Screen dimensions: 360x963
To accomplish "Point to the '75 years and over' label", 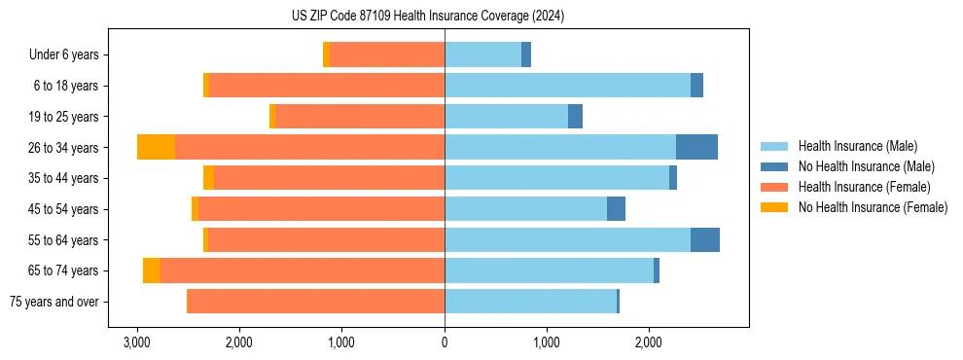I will pos(54,302).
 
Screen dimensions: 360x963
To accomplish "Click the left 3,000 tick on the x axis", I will pos(137,342).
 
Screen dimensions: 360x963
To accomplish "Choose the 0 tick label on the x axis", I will pos(445,342).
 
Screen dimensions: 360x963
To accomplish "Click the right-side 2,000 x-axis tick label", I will pos(649,342).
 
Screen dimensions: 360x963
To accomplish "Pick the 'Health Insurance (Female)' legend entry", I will pos(864,187).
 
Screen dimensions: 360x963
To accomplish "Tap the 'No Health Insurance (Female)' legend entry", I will pos(873,207).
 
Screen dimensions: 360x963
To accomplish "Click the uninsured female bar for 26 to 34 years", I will pos(156,147).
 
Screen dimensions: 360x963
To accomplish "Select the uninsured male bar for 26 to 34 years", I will pos(696,147).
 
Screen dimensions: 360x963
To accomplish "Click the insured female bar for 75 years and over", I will pos(315,302).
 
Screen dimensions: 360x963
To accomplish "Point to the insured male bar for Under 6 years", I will pos(482,55).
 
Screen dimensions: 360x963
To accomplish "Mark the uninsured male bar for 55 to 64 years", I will pos(705,239).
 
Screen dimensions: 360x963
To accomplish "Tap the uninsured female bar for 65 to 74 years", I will pos(152,270).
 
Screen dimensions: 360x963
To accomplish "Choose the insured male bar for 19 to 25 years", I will pos(506,117).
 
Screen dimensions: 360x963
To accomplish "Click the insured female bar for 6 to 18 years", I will pos(327,86).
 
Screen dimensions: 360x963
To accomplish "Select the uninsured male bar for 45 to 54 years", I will pos(616,209).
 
